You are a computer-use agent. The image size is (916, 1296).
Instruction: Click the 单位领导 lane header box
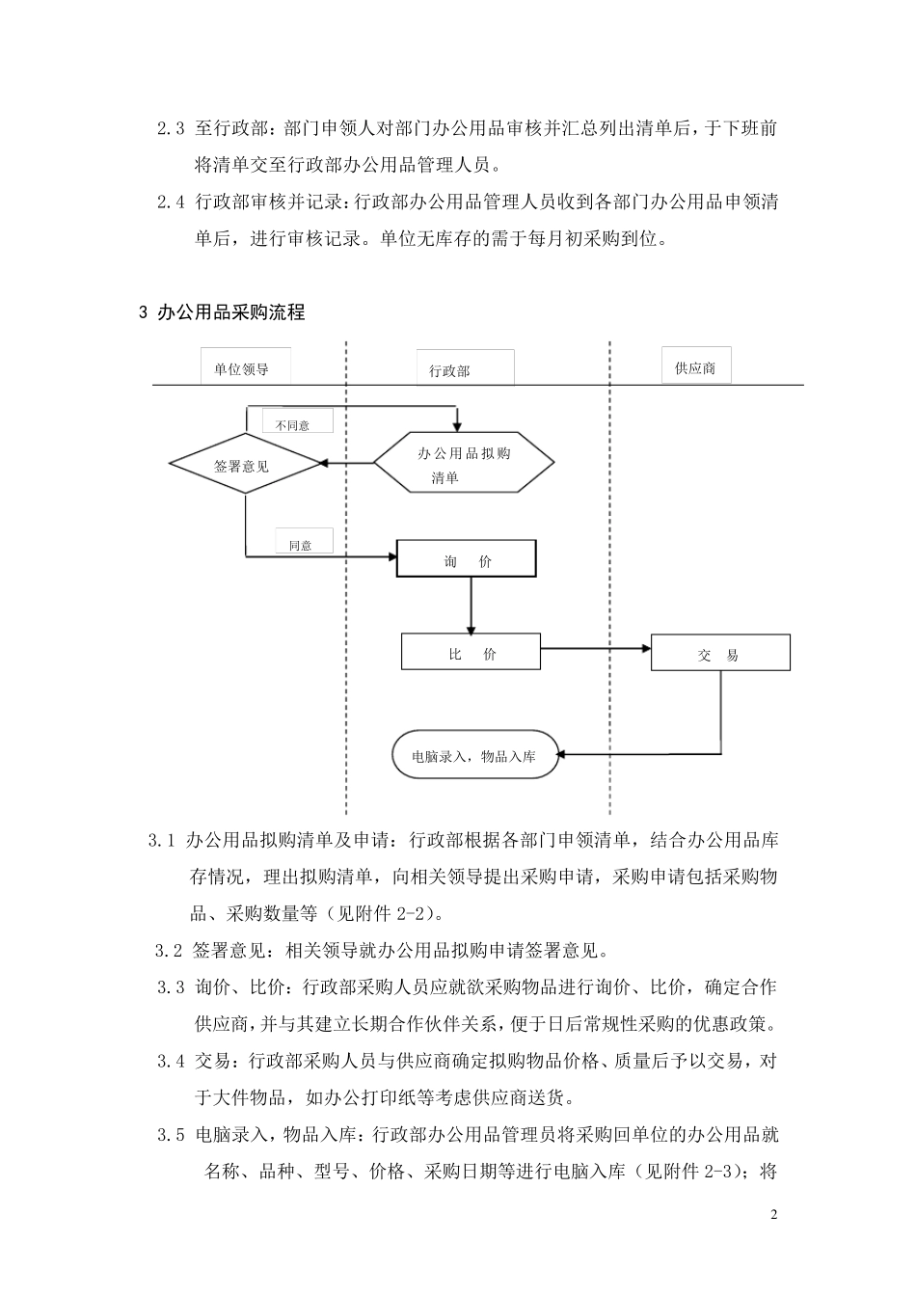(242, 368)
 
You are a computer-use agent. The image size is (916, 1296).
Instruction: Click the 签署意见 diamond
(245, 466)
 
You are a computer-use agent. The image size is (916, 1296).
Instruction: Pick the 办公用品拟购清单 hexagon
(464, 465)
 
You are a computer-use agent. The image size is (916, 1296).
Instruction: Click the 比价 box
(471, 654)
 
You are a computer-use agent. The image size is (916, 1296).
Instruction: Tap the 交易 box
(720, 654)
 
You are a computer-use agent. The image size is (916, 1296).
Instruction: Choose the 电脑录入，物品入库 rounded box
(476, 756)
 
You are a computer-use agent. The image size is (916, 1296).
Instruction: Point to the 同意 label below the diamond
(301, 544)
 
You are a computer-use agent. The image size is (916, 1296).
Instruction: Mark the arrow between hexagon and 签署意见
(347, 464)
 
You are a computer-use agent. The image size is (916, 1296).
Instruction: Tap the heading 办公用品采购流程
(229, 312)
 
